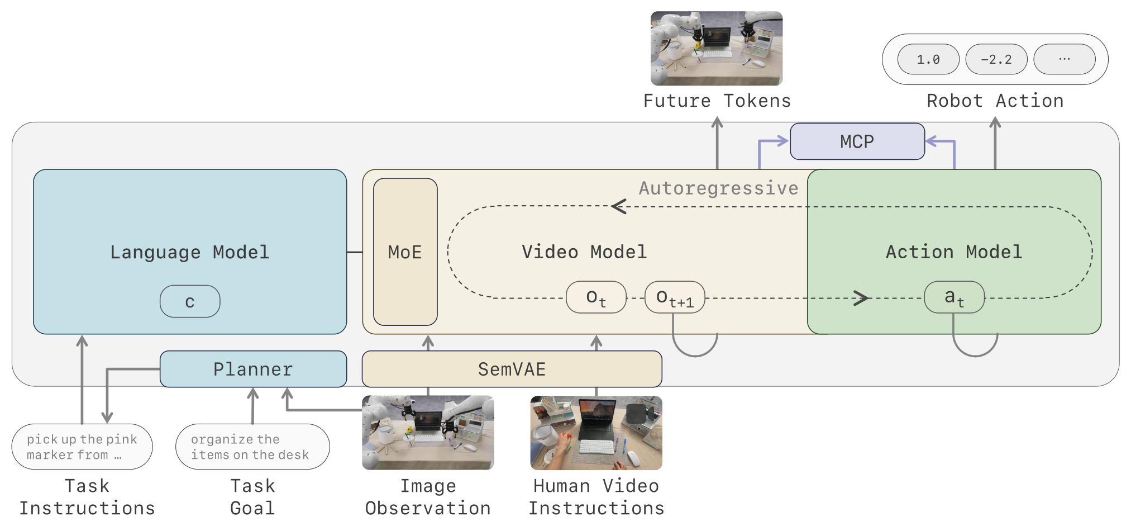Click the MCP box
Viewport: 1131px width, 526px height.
[857, 141]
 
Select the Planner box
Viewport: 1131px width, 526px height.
[253, 369]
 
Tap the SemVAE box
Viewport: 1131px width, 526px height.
[512, 369]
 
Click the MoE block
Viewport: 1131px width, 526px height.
[405, 252]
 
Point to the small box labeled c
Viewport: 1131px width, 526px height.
[190, 301]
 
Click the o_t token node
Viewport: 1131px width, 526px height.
[596, 297]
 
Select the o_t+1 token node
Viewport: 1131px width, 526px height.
[675, 297]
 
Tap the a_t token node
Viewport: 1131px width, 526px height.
[955, 297]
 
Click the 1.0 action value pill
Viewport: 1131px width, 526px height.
[928, 59]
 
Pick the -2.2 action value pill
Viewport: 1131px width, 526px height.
[996, 59]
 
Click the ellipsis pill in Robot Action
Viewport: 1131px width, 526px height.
[1065, 59]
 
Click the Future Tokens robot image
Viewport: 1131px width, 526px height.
[717, 48]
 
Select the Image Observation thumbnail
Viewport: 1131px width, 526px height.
[428, 433]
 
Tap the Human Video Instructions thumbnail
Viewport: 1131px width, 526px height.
[596, 433]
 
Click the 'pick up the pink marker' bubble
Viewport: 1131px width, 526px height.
[82, 447]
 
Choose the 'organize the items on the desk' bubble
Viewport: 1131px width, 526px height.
[252, 447]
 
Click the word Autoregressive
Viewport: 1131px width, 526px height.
[718, 188]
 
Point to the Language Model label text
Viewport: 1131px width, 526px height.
[190, 252]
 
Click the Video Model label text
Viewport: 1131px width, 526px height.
[584, 252]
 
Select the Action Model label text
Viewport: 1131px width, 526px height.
[954, 252]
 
